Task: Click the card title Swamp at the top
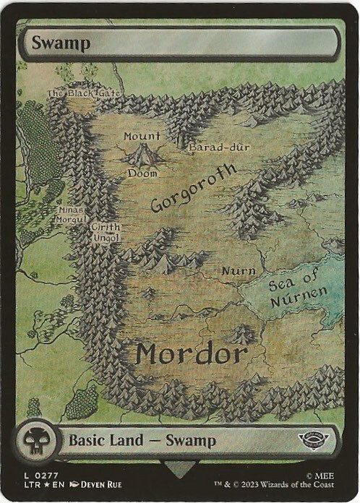[x=60, y=43]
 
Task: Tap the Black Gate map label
[x=84, y=94]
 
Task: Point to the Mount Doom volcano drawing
[x=143, y=155]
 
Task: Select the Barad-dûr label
[x=219, y=147]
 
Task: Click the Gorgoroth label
[x=194, y=188]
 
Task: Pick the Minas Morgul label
[x=72, y=215]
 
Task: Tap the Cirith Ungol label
[x=106, y=233]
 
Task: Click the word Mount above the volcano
[x=142, y=136]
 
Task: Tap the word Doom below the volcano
[x=142, y=173]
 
